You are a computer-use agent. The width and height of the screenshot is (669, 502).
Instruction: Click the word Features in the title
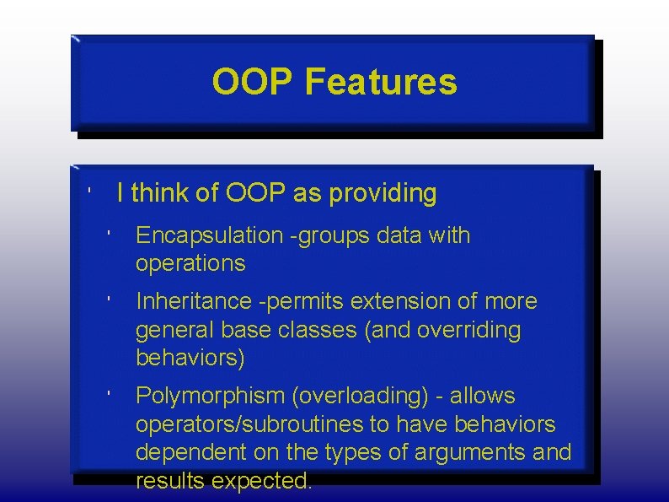coord(381,83)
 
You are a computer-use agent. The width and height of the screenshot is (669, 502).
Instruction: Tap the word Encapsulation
coord(209,235)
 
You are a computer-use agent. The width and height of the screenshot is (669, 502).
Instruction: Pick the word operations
coord(190,263)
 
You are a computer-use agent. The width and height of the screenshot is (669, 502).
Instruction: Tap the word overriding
coord(475,330)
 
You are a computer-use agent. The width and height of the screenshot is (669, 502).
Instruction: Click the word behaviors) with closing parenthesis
coord(190,358)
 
